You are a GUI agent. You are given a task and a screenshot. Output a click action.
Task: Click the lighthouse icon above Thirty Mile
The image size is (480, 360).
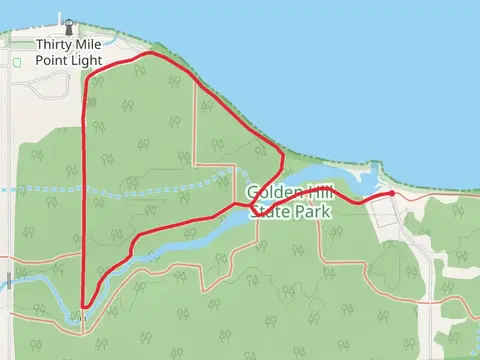(68, 27)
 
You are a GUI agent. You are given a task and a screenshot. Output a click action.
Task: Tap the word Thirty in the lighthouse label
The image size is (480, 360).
(53, 45)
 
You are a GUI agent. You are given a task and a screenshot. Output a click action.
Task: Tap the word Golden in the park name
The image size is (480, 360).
(268, 192)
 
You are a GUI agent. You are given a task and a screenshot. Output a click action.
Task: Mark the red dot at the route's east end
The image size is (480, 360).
(391, 193)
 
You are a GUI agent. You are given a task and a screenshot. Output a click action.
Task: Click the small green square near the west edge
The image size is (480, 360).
(17, 63)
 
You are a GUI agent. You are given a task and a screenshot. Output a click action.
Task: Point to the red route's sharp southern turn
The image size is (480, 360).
(84, 307)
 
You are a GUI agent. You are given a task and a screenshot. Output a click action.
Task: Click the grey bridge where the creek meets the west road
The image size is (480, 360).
(78, 317)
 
